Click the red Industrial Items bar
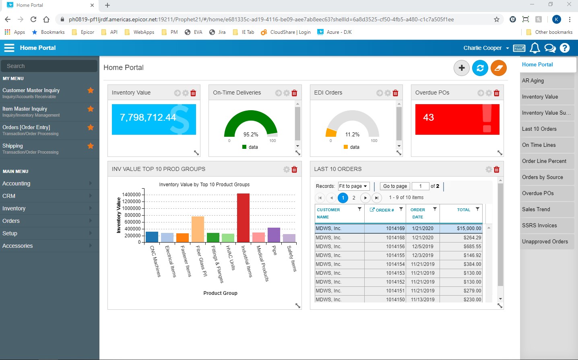tap(243, 218)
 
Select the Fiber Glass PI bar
tap(198, 229)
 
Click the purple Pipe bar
tap(274, 235)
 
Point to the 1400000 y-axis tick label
tap(131, 195)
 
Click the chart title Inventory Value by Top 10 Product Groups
tap(204, 185)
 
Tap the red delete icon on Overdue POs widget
tap(496, 93)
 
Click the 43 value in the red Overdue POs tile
tap(429, 117)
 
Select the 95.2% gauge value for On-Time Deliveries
tap(251, 135)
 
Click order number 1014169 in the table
tap(395, 228)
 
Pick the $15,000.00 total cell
tap(469, 228)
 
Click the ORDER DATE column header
tap(417, 213)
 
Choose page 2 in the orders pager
tap(354, 197)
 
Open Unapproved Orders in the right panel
tap(545, 242)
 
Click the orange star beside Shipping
tap(91, 146)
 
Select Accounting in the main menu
tap(17, 183)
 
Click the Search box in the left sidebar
tap(49, 66)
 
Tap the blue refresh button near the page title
tap(480, 68)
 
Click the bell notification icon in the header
tap(535, 48)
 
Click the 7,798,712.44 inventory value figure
tap(148, 117)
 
